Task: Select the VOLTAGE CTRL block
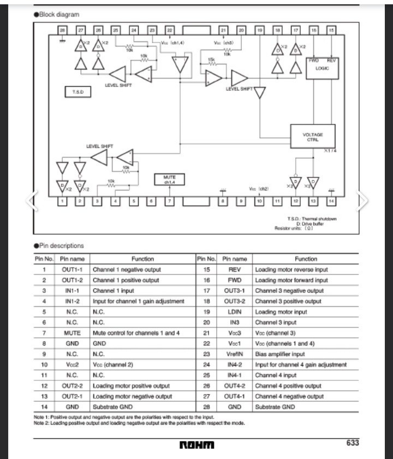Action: (x=312, y=137)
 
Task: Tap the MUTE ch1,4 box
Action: (x=170, y=180)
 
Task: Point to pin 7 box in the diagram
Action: (x=170, y=201)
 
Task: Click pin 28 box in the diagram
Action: (x=62, y=31)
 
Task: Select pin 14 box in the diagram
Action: (x=331, y=201)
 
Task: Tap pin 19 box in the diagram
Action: (x=259, y=31)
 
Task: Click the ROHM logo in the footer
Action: (x=196, y=445)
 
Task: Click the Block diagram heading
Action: (x=56, y=14)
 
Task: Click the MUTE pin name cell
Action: (x=72, y=333)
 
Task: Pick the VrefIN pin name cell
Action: (x=235, y=354)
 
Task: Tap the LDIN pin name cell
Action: (x=235, y=312)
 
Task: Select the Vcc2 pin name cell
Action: (x=72, y=365)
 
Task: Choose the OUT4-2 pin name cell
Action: (x=235, y=386)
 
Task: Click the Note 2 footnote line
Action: (x=139, y=423)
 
